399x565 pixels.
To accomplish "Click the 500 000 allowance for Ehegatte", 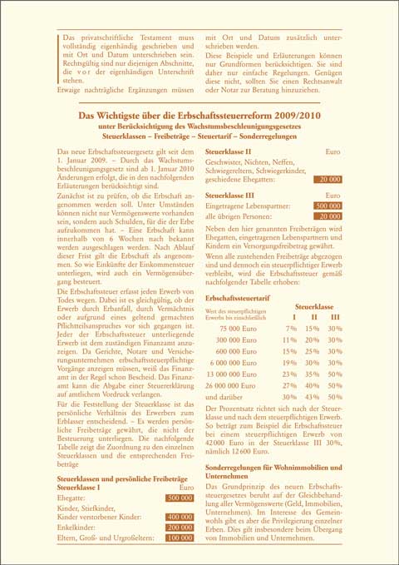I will [x=180, y=498].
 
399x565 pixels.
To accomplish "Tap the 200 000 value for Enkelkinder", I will [x=180, y=528].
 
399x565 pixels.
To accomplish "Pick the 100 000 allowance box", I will [x=180, y=539].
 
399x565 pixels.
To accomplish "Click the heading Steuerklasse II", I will [x=227, y=152].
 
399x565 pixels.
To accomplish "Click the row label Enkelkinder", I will [x=77, y=528].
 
